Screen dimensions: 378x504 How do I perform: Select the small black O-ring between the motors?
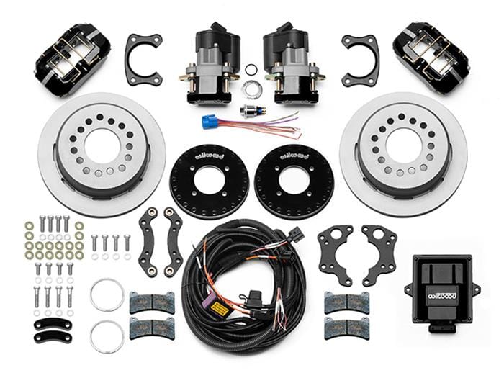click(x=251, y=69)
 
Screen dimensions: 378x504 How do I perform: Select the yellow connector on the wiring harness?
click(x=215, y=305)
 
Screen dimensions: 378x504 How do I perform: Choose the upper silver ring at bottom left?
click(x=107, y=296)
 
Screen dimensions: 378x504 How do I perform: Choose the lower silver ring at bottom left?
click(x=107, y=336)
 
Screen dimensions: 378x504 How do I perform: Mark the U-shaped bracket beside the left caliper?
click(x=143, y=59)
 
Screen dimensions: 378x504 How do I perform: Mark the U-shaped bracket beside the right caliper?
click(x=360, y=59)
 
